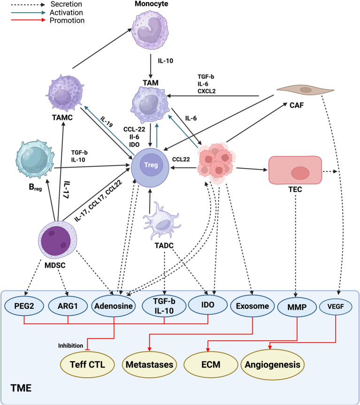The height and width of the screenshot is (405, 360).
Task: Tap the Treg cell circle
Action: (150, 167)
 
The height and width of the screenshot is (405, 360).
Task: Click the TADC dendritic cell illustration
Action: (162, 221)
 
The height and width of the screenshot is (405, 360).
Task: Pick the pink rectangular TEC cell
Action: (295, 170)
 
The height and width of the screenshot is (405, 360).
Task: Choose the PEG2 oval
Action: (24, 306)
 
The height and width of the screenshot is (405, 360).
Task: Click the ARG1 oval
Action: (68, 306)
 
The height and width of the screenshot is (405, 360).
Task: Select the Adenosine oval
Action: (114, 306)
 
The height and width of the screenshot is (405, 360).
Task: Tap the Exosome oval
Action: (253, 306)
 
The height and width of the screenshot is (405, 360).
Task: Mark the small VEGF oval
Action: (336, 307)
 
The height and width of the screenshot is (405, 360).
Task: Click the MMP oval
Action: (297, 307)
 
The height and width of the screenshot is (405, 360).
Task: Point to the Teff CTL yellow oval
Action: (87, 365)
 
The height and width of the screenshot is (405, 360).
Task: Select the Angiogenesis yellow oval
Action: (273, 365)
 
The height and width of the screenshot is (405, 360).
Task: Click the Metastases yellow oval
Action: (149, 365)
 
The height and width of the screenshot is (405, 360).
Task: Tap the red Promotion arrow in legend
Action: (28, 20)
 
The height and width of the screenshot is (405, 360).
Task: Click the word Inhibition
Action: (71, 346)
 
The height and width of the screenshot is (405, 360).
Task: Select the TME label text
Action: (21, 388)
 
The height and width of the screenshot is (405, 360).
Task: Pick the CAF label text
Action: (297, 105)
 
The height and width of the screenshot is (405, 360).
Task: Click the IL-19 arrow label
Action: (107, 121)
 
